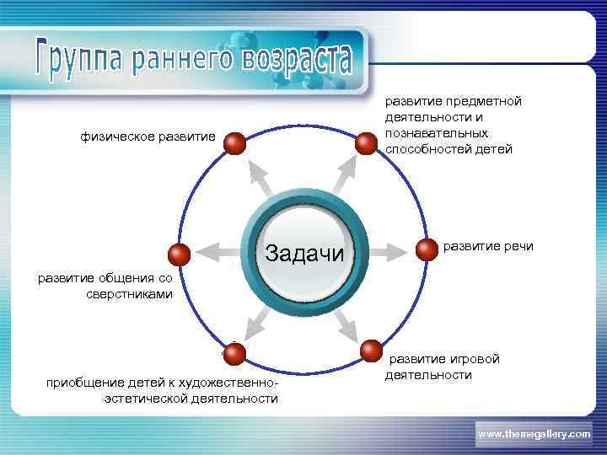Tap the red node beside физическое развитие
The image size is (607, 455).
tap(236, 143)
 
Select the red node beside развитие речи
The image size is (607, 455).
tap(427, 249)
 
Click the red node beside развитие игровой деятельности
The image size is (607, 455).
tap(371, 351)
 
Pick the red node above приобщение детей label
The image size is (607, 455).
tap(235, 352)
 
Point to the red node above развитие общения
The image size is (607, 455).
tap(180, 254)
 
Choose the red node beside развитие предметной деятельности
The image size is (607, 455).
tap(366, 143)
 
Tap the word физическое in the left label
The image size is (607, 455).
tap(113, 136)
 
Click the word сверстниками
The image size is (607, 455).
tap(129, 295)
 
